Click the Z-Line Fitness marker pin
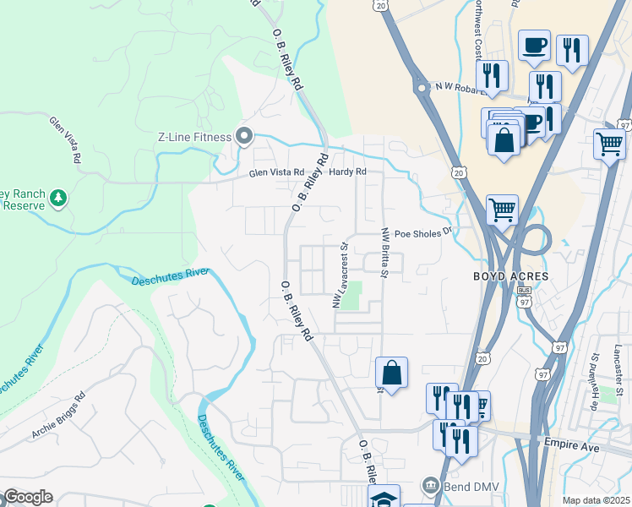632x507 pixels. click(245, 136)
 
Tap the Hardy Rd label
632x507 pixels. click(348, 172)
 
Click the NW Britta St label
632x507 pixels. click(384, 253)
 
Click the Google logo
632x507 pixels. click(27, 497)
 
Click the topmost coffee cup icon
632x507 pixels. click(535, 46)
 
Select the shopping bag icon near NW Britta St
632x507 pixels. click(392, 372)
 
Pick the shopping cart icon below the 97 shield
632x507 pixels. click(608, 143)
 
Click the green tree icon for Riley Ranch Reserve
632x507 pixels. click(58, 199)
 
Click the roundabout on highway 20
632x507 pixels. click(420, 87)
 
